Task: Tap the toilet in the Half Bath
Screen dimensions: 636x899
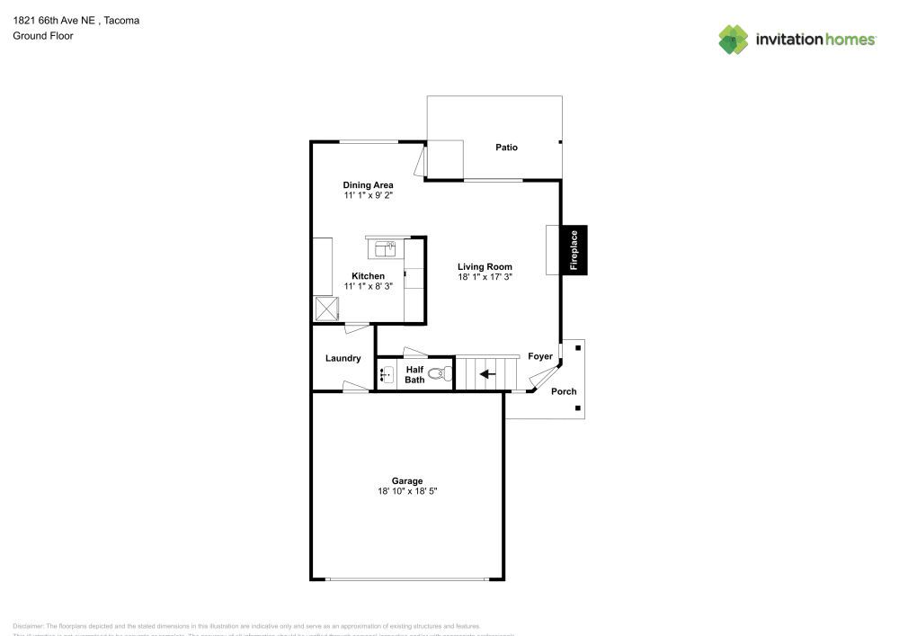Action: [x=438, y=374]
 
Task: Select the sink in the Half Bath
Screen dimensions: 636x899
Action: [x=387, y=374]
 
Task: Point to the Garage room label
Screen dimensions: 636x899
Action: [x=406, y=480]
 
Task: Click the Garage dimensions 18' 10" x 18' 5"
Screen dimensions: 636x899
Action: [x=406, y=491]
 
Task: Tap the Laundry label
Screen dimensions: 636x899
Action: [x=343, y=358]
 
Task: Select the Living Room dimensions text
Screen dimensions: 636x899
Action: [x=485, y=278]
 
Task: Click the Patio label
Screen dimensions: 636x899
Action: [x=506, y=148]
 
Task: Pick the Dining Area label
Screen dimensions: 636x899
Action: [x=368, y=185]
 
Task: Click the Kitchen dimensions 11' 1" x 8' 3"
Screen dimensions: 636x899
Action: [x=368, y=286]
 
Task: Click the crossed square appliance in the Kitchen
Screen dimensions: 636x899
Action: [x=325, y=309]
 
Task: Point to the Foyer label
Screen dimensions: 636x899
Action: [x=540, y=357]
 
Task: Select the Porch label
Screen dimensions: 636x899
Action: [x=564, y=391]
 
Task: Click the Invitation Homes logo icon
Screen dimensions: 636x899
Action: [x=734, y=39]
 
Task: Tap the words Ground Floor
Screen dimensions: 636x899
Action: [x=42, y=36]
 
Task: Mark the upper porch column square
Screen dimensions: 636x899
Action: [x=578, y=345]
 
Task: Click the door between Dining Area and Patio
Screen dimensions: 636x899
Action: [x=420, y=162]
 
